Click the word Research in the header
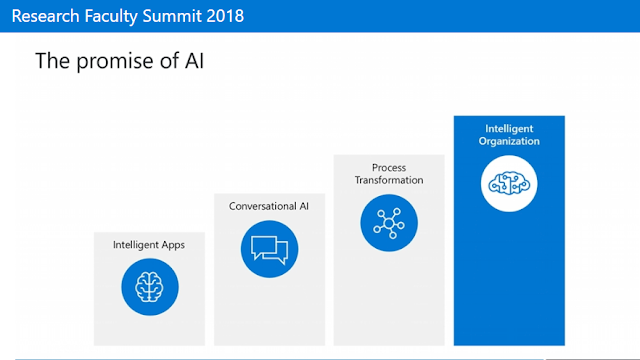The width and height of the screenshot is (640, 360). tap(45, 16)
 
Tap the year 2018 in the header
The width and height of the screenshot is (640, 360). tap(225, 16)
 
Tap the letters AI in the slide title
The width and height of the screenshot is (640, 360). tap(194, 60)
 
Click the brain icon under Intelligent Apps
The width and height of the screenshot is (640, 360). tap(150, 287)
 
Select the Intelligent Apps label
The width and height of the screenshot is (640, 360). tap(149, 245)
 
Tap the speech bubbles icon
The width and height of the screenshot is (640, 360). tap(269, 249)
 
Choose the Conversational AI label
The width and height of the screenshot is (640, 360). tap(269, 206)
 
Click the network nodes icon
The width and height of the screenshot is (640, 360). tap(389, 223)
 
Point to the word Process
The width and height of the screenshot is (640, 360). tap(389, 168)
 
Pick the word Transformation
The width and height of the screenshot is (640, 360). tap(389, 180)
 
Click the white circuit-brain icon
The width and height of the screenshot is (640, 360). tap(509, 184)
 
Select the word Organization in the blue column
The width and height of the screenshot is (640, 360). tap(509, 141)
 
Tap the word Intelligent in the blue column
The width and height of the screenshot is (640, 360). tap(509, 129)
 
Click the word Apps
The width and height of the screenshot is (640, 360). tap(173, 245)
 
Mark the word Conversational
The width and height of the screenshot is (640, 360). tap(263, 206)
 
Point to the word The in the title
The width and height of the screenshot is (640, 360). tap(53, 60)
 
